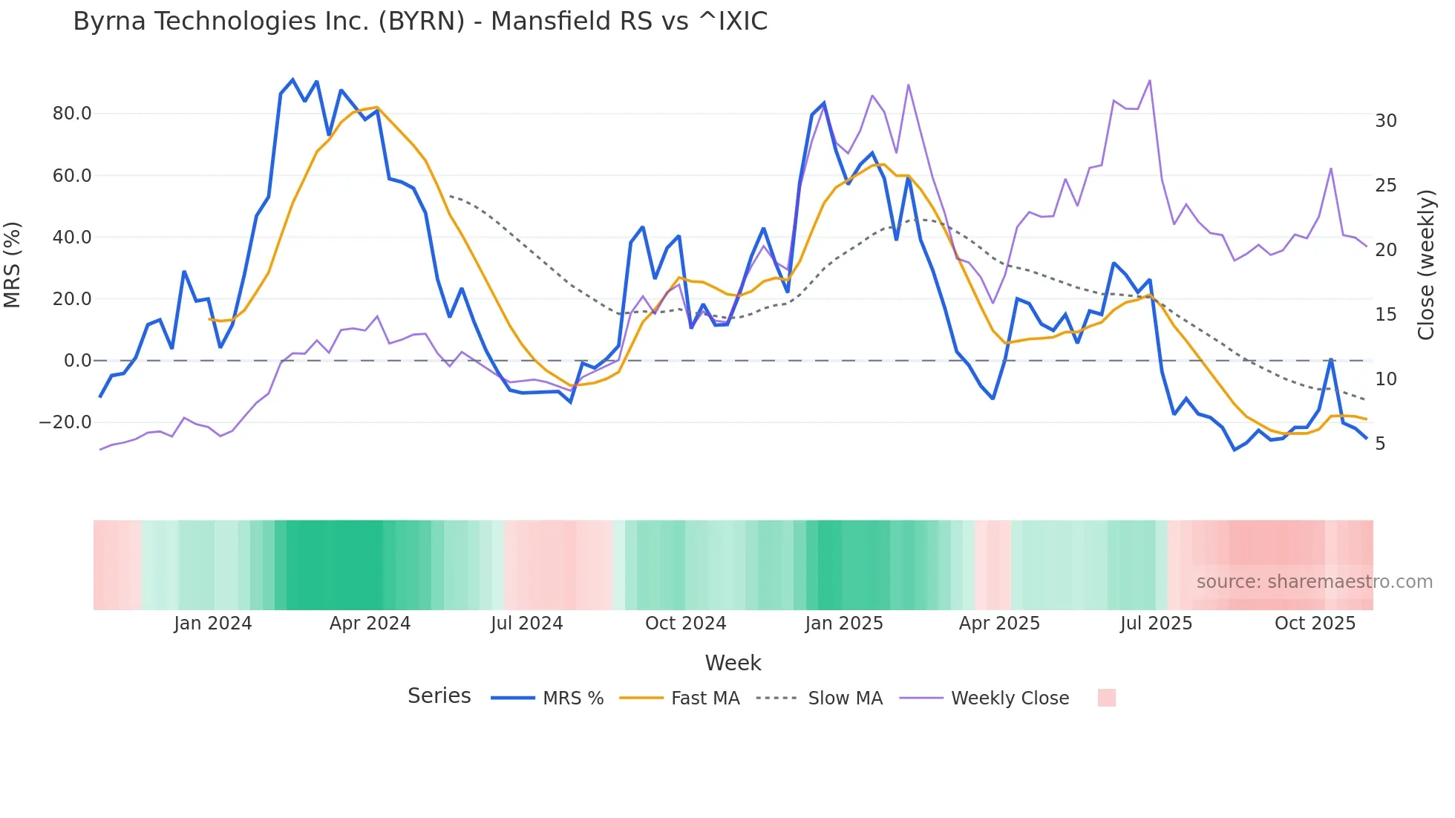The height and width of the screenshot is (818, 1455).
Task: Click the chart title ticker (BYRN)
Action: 422,22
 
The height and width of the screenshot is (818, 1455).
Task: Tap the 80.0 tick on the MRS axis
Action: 71,114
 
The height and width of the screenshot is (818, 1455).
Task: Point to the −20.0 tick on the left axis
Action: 65,422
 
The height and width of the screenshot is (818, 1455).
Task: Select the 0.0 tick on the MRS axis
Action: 77,361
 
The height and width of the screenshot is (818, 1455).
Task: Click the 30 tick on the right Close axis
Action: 1385,121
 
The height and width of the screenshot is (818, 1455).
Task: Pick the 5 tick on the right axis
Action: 1380,444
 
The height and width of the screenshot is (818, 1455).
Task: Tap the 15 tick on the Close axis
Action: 1385,315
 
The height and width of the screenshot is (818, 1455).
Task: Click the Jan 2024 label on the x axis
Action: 213,624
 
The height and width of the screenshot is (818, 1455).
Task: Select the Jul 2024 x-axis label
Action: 526,624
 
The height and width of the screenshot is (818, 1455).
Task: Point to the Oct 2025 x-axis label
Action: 1315,624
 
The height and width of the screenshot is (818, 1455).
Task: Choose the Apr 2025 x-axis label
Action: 999,624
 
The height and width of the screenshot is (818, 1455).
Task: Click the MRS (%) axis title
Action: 13,264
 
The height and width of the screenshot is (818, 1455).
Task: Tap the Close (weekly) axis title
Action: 1426,265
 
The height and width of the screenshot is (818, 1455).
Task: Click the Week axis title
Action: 733,663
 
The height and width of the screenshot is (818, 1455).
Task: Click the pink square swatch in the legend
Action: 1106,698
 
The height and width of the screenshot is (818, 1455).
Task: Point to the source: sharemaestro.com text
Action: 1314,582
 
